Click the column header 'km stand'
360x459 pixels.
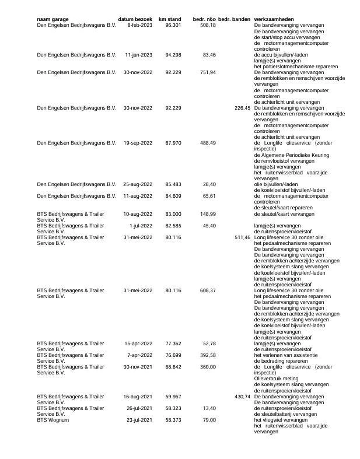pyautogui.click(x=170, y=19)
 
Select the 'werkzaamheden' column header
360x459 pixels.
pyautogui.click(x=277, y=19)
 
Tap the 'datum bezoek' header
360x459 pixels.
pyautogui.click(x=135, y=19)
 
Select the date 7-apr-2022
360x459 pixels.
pyautogui.click(x=140, y=355)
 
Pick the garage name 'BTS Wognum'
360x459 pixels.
pyautogui.click(x=53, y=420)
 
